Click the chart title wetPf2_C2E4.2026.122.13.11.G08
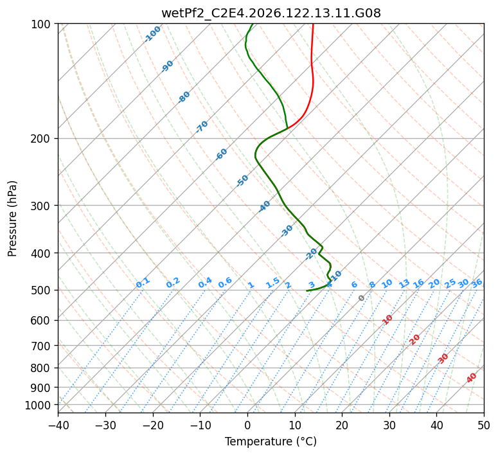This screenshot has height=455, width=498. point(271,13)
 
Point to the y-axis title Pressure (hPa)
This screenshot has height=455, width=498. point(12,219)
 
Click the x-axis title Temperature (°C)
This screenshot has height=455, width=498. point(271,442)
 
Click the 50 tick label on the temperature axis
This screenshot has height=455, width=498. point(484,425)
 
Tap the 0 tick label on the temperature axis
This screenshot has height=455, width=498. point(247,425)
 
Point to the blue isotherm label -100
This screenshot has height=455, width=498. point(152,34)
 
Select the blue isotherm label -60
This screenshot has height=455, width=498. point(221,154)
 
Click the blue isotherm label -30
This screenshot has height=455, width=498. point(287,231)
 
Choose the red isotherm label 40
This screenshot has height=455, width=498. point(472,378)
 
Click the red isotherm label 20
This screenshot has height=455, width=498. point(414,340)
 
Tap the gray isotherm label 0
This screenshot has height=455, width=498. point(361,298)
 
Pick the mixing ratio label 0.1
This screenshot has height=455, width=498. point(143,283)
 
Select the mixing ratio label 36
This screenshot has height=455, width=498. point(477,283)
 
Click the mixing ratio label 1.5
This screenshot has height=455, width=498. point(273,283)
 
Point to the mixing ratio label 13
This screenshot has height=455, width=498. point(404,283)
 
